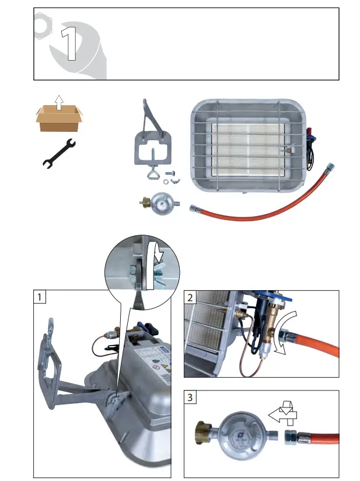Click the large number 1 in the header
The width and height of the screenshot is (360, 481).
[69, 44]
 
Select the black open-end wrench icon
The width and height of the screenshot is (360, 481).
[59, 152]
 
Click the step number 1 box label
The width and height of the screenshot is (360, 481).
[40, 297]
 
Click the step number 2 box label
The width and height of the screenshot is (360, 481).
[191, 297]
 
